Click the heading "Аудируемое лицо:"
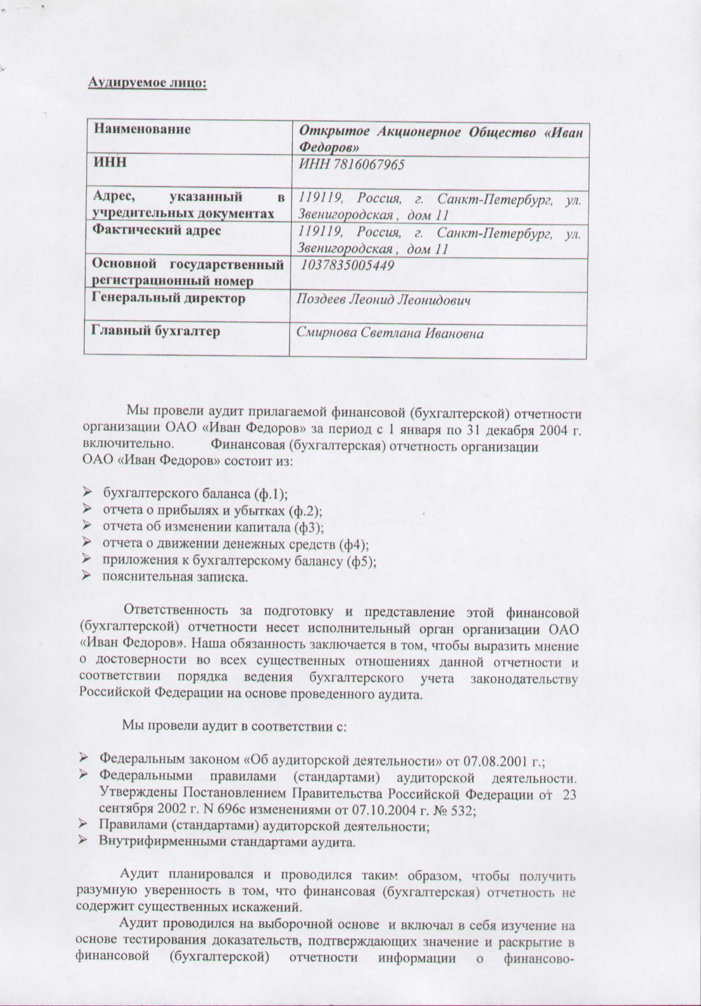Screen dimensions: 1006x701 point(147,83)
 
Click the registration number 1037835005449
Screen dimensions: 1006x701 point(348,265)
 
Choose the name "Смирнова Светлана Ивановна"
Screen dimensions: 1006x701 point(390,333)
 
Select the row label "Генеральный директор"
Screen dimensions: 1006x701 point(168,298)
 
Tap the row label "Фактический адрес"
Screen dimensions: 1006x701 point(157,230)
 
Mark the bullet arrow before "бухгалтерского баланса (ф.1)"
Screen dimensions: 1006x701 point(86,493)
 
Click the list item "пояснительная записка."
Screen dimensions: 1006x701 point(175,577)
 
